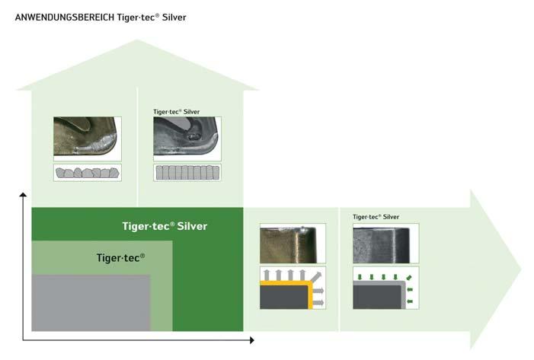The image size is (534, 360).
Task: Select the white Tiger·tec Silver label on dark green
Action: [x=165, y=226]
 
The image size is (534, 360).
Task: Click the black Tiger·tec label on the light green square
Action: [x=120, y=257]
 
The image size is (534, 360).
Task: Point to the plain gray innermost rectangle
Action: [x=90, y=302]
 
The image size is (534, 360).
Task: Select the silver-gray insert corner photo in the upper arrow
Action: [x=187, y=139]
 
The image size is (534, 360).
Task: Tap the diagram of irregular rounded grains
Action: [x=88, y=173]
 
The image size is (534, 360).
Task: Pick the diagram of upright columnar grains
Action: [x=187, y=173]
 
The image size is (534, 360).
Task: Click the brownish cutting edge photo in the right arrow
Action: [x=293, y=244]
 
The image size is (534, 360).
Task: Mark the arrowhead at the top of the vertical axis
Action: [x=23, y=197]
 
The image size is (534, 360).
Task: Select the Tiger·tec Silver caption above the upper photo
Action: [x=176, y=112]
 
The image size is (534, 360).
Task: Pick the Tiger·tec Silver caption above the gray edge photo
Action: [x=376, y=217]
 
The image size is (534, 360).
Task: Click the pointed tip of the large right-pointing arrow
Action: [x=520, y=269]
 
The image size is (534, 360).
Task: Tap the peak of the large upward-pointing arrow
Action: [x=137, y=42]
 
